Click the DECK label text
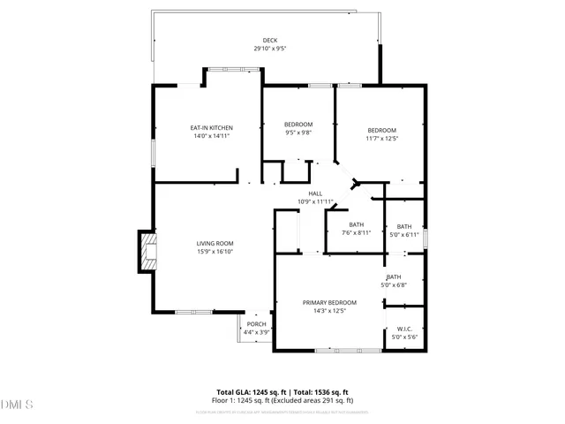point(269,41)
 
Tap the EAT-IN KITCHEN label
point(211,128)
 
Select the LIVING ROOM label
point(215,243)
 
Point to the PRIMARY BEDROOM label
point(329,302)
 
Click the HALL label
point(315,193)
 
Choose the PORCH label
point(256,324)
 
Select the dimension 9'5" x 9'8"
point(298,132)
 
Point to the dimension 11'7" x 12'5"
point(382,138)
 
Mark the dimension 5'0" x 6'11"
point(404,235)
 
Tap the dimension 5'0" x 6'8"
point(393,284)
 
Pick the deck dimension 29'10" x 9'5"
point(269,49)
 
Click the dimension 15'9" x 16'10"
point(215,251)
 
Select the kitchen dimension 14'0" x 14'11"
point(211,136)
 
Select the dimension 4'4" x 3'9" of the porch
point(256,332)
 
